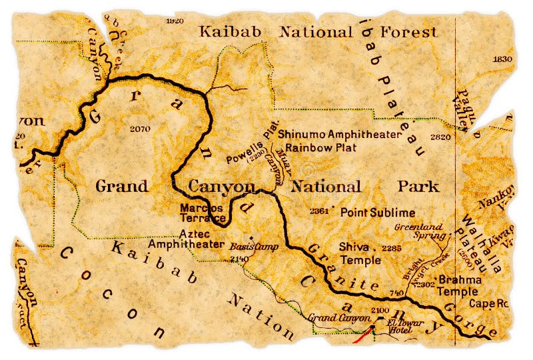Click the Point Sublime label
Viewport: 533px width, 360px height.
(378, 213)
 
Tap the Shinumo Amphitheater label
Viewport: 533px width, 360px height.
(340, 134)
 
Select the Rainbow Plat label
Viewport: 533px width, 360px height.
(320, 147)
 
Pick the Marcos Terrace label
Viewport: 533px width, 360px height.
(203, 213)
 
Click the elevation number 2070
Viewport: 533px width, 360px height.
(141, 129)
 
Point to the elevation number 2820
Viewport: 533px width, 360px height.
(440, 137)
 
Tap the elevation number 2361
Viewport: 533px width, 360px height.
(319, 212)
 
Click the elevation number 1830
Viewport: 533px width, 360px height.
(502, 59)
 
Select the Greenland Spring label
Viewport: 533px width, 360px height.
(418, 231)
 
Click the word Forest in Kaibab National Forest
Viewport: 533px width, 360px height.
(408, 31)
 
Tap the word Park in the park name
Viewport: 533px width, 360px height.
(418, 187)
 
